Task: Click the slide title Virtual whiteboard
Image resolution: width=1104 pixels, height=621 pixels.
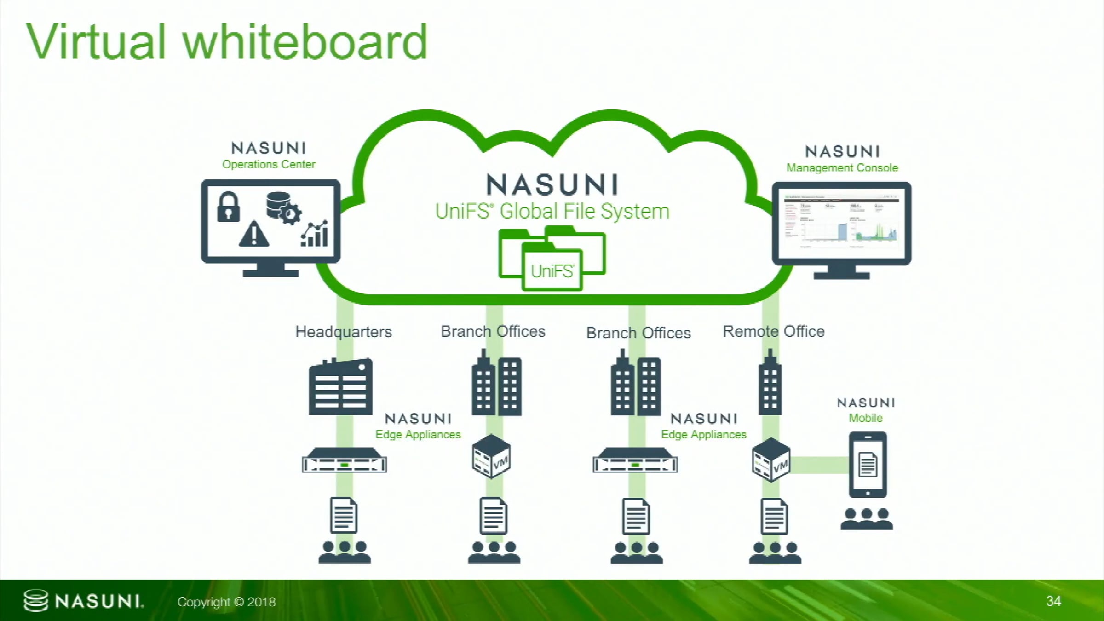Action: [x=227, y=42]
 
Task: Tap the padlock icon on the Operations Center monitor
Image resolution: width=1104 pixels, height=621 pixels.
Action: [x=229, y=207]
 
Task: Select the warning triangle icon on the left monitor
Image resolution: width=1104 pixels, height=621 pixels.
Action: [x=254, y=234]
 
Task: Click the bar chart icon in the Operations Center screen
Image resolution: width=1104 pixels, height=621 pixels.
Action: [x=315, y=234]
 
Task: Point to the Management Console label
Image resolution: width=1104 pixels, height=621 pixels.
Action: [x=842, y=168]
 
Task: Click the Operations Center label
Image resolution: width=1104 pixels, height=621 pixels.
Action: [x=269, y=164]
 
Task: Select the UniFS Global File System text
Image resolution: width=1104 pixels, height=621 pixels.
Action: [x=552, y=212]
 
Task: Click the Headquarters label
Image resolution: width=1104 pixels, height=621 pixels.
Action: [x=343, y=332]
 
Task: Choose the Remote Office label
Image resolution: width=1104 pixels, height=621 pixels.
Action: [x=773, y=331]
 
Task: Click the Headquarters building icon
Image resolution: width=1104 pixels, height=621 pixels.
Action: [x=341, y=387]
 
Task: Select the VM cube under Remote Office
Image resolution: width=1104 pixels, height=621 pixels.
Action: [x=771, y=460]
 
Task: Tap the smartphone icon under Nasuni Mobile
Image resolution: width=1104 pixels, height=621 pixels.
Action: [x=868, y=465]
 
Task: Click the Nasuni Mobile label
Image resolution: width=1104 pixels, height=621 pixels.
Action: [x=866, y=418]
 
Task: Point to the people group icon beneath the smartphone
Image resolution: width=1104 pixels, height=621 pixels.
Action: [x=867, y=519]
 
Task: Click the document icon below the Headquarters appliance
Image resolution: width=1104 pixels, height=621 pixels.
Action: [x=344, y=516]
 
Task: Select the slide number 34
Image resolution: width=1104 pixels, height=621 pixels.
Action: [x=1053, y=601]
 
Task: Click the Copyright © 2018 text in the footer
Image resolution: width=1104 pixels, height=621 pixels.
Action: [x=226, y=602]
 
